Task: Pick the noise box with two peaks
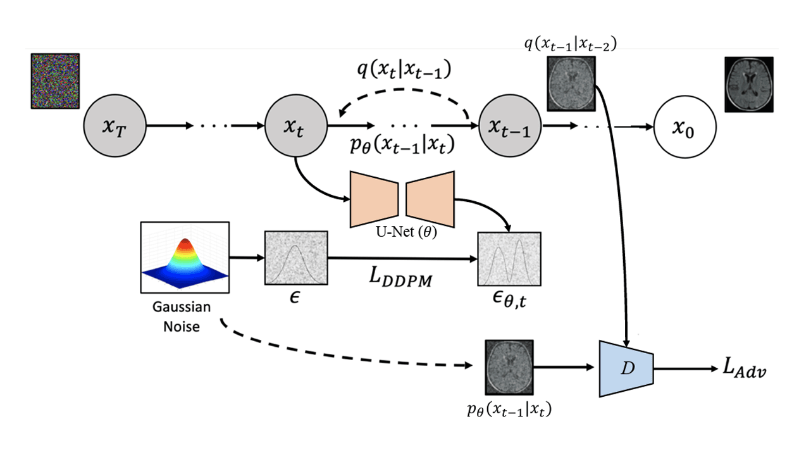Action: click(509, 259)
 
